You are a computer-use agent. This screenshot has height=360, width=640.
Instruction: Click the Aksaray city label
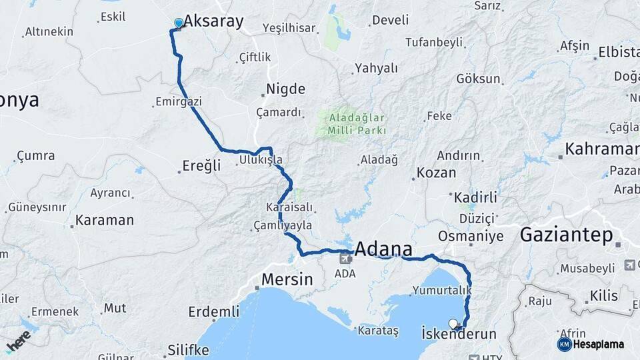click(x=213, y=21)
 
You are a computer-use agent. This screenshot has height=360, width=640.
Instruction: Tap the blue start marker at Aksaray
click(x=178, y=23)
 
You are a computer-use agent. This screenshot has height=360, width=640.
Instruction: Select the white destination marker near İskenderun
click(x=453, y=324)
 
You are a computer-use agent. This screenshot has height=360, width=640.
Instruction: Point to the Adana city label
click(x=383, y=249)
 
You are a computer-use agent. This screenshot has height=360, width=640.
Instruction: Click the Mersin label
click(x=287, y=279)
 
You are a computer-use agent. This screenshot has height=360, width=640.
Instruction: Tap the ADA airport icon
click(x=345, y=259)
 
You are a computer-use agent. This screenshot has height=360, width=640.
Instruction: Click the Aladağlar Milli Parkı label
click(x=357, y=124)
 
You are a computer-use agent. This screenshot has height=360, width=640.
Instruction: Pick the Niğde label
click(x=285, y=89)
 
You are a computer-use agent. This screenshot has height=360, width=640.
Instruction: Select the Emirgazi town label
click(x=178, y=102)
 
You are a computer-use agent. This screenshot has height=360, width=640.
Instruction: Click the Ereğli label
click(x=201, y=166)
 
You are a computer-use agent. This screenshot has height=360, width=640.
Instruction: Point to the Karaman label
click(x=105, y=220)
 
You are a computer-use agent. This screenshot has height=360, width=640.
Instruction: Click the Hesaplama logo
click(x=591, y=344)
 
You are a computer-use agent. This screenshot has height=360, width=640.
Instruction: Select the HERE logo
click(x=18, y=340)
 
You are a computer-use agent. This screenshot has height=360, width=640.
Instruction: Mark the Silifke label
click(x=188, y=349)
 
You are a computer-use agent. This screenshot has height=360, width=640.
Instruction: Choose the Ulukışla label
click(x=261, y=161)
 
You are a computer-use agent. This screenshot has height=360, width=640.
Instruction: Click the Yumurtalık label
click(x=442, y=291)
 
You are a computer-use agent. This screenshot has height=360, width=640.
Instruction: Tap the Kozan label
click(x=437, y=173)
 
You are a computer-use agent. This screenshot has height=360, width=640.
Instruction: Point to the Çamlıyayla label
click(x=283, y=225)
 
